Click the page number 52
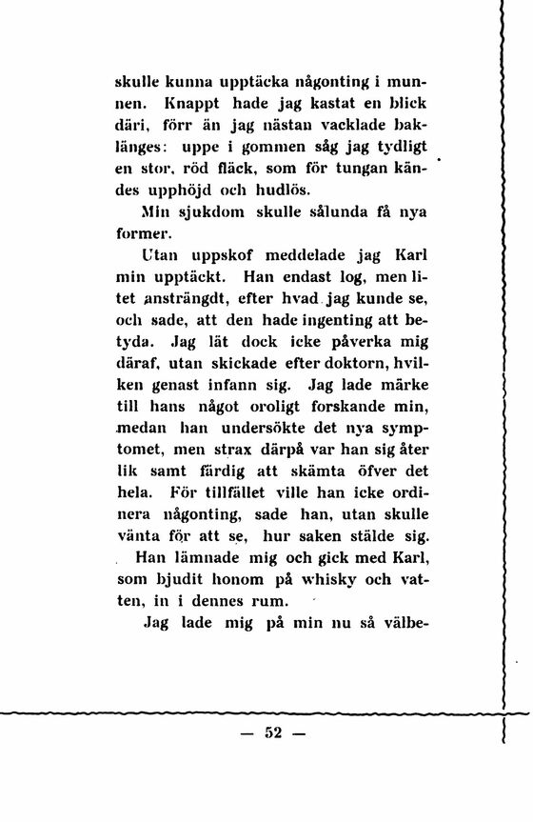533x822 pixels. coord(275,733)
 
